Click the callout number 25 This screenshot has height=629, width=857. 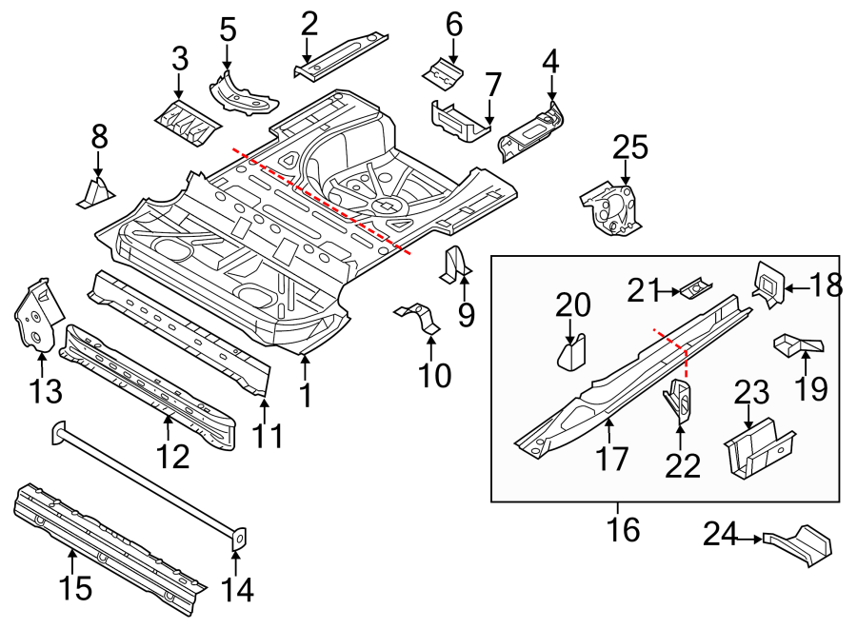[629, 147]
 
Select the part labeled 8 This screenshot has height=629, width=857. [95, 193]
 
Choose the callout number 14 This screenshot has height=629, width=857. [237, 590]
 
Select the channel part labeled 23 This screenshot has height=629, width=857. [758, 450]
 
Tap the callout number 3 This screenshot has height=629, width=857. [179, 59]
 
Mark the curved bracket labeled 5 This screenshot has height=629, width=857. [238, 91]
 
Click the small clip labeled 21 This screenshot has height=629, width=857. [695, 286]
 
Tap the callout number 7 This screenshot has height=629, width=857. [492, 85]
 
